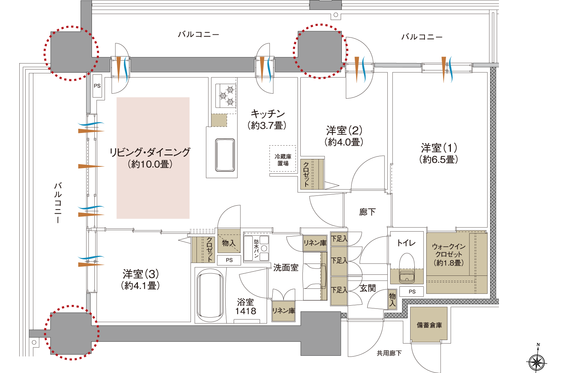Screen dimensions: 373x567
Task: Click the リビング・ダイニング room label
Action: coord(150,152)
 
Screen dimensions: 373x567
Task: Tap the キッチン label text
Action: coord(267,114)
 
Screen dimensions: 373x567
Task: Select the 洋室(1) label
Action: coord(439,148)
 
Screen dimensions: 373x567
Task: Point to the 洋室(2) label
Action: coord(344,131)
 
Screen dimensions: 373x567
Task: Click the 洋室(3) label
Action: coord(141,274)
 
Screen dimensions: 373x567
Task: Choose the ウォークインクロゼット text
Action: coord(448,250)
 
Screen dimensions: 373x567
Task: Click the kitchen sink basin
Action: coord(225,155)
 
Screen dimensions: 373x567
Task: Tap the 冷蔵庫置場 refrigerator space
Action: coord(283,160)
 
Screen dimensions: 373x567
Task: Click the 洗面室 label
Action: coord(286,268)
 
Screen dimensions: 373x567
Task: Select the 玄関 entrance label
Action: coord(368,288)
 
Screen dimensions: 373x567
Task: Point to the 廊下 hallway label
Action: coord(367,212)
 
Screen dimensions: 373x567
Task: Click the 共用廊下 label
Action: coord(389,353)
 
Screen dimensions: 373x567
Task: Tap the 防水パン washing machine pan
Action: coord(256,248)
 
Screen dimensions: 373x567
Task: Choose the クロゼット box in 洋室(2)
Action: coord(312,174)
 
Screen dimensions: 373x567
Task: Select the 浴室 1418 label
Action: coord(246,306)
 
